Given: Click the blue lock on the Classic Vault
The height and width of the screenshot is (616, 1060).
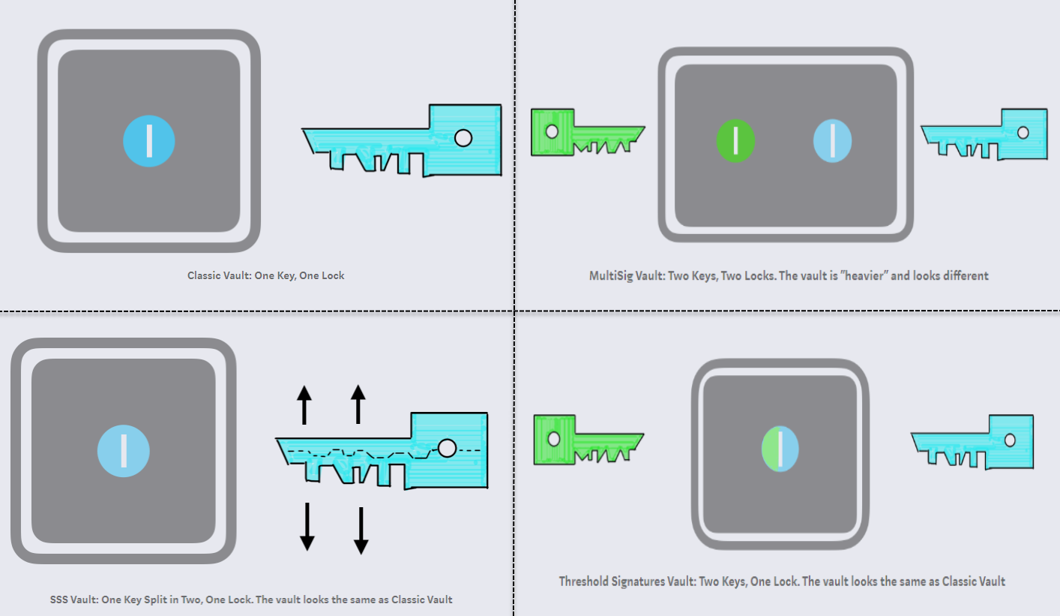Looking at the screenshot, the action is coord(149,141).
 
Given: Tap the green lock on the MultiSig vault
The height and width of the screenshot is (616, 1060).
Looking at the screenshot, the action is coord(735,141).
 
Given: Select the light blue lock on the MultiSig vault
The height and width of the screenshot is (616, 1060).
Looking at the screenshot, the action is coord(832,141).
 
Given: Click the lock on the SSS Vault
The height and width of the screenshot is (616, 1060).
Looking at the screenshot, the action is coord(124,451).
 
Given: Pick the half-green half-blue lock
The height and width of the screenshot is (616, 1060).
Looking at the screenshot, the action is coord(780,449).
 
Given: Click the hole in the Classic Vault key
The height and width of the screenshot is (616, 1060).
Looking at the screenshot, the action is coord(463,138).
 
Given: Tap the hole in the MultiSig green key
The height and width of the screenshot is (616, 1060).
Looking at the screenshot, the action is coord(552,131).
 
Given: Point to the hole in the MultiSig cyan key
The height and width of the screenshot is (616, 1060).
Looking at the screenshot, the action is coord(1023,133).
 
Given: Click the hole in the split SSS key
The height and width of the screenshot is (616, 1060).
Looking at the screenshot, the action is coord(448,448).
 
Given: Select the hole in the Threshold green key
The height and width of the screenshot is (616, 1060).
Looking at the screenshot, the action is coord(554,439).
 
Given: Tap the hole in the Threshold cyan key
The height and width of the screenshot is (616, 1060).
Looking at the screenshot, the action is coord(1010,440).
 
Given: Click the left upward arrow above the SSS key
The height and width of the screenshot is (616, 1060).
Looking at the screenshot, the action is coord(304,405).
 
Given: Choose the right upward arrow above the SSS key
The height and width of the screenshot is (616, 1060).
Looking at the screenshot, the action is coord(358,404).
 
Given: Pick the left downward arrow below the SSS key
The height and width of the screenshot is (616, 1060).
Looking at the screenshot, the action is coord(307,527).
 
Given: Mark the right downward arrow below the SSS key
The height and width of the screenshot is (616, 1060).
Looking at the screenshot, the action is coord(361,530).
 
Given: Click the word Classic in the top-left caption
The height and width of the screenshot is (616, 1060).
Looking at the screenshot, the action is coord(203,275).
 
